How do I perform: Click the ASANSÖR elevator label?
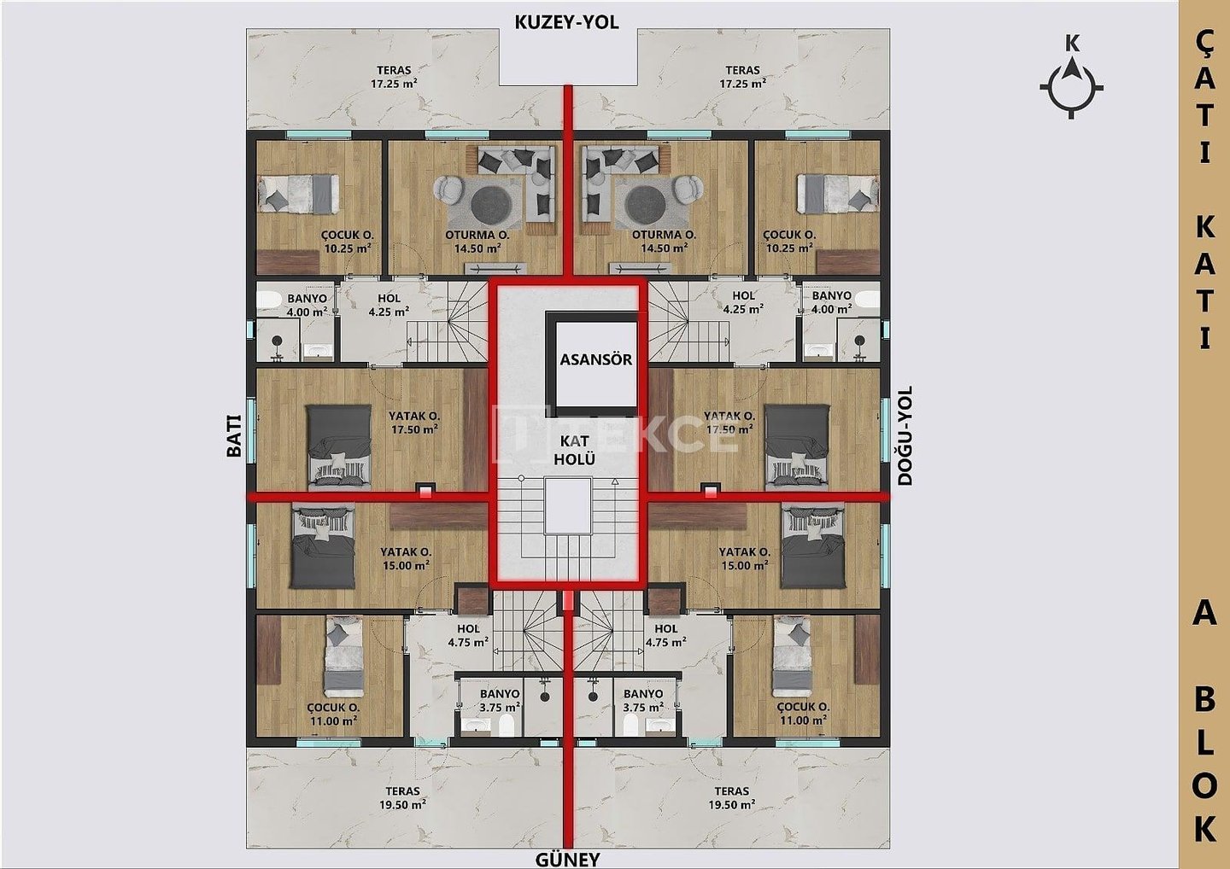pos(596,360)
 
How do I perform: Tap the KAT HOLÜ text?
pos(574,450)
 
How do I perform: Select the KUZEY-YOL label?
pos(566,22)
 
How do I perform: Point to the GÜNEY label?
pos(568,859)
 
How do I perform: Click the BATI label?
pos(234,435)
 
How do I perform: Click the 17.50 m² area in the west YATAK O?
pos(414,429)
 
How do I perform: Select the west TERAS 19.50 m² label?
pos(402,798)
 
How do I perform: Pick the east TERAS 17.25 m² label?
pos(742,77)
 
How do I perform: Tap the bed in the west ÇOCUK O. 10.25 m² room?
pos(299,193)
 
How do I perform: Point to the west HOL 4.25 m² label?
pos(389,305)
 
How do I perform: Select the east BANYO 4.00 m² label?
pos(831,302)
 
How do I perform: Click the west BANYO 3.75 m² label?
pos(499,701)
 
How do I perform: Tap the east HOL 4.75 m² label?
pos(665,635)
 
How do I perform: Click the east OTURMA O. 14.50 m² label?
pos(664,242)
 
